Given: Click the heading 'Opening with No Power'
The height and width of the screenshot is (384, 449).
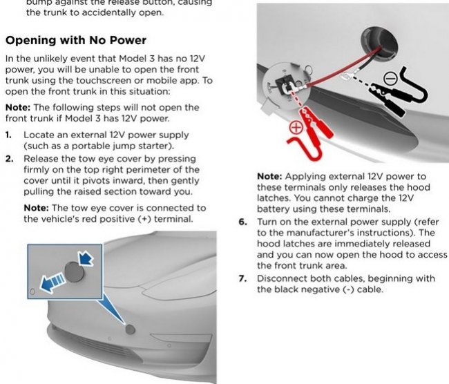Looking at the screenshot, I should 75,40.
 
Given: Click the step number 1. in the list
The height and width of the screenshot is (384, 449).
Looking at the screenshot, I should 8,135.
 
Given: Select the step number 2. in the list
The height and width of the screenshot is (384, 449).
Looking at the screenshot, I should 9,158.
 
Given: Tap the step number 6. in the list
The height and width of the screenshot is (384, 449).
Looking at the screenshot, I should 242,222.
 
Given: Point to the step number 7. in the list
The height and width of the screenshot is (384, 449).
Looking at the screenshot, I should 242,278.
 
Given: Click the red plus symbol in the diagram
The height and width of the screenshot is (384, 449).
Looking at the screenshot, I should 296,127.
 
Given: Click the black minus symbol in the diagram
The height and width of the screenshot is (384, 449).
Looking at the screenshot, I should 390,79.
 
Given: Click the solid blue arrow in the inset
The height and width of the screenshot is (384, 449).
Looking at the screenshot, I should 86,258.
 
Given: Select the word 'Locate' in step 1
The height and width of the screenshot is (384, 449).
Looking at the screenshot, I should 39,135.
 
